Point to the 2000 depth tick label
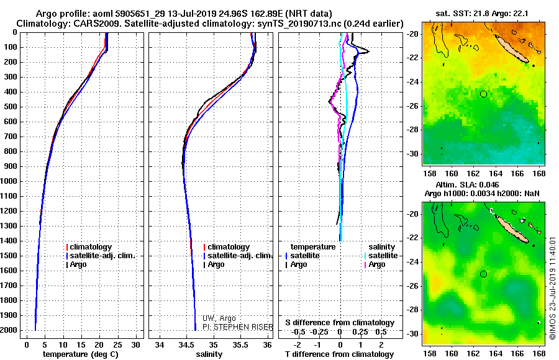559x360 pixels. pos(11,330)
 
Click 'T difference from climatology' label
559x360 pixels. pos(339,354)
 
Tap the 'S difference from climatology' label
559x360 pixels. pos(339,323)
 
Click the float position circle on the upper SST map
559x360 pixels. pos(483,94)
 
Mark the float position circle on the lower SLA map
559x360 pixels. pos(483,274)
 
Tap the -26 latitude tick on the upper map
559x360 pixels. pos(413,106)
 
